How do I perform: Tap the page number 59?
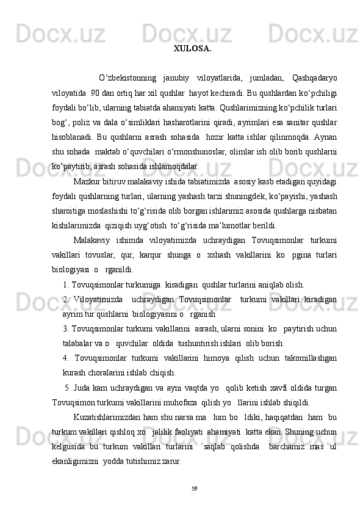[194, 488]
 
